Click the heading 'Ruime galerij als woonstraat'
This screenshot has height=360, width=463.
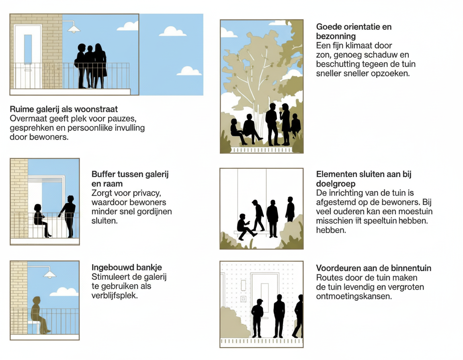pyautogui.click(x=64, y=109)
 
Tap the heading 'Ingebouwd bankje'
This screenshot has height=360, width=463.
pyautogui.click(x=127, y=267)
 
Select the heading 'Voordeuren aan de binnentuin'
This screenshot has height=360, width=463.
pyautogui.click(x=373, y=268)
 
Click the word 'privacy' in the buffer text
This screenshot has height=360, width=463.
pyautogui.click(x=146, y=193)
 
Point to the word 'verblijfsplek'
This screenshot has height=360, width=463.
pyautogui.click(x=115, y=295)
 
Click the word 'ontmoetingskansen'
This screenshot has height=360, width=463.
pyautogui.click(x=354, y=296)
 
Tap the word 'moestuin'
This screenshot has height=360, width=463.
pyautogui.click(x=415, y=212)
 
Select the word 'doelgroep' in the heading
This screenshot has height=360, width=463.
pyautogui.click(x=336, y=184)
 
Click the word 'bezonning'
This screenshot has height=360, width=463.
pyautogui.click(x=336, y=36)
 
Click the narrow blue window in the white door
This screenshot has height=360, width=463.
pyautogui.click(x=28, y=49)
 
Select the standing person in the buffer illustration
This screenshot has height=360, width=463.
pyautogui.click(x=68, y=216)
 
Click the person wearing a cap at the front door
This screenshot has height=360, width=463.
pyautogui.click(x=257, y=318)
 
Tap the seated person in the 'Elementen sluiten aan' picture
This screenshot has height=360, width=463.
pyautogui.click(x=245, y=227)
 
